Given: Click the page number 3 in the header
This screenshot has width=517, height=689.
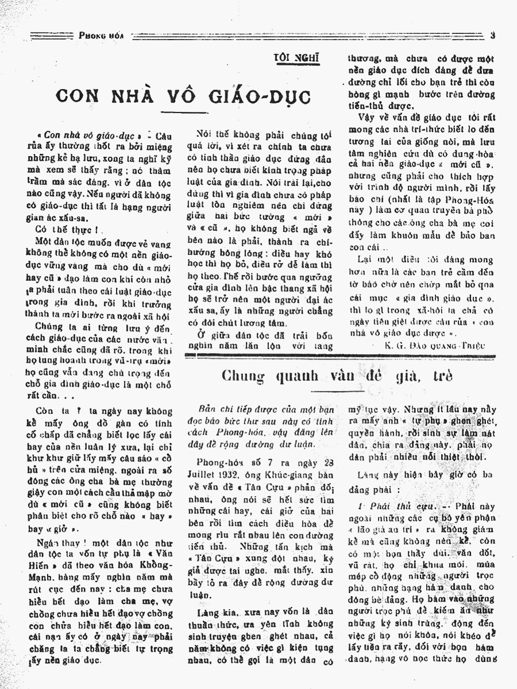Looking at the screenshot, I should pyautogui.click(x=493, y=36).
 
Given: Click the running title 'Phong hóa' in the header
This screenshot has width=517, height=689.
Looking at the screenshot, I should pyautogui.click(x=98, y=36).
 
